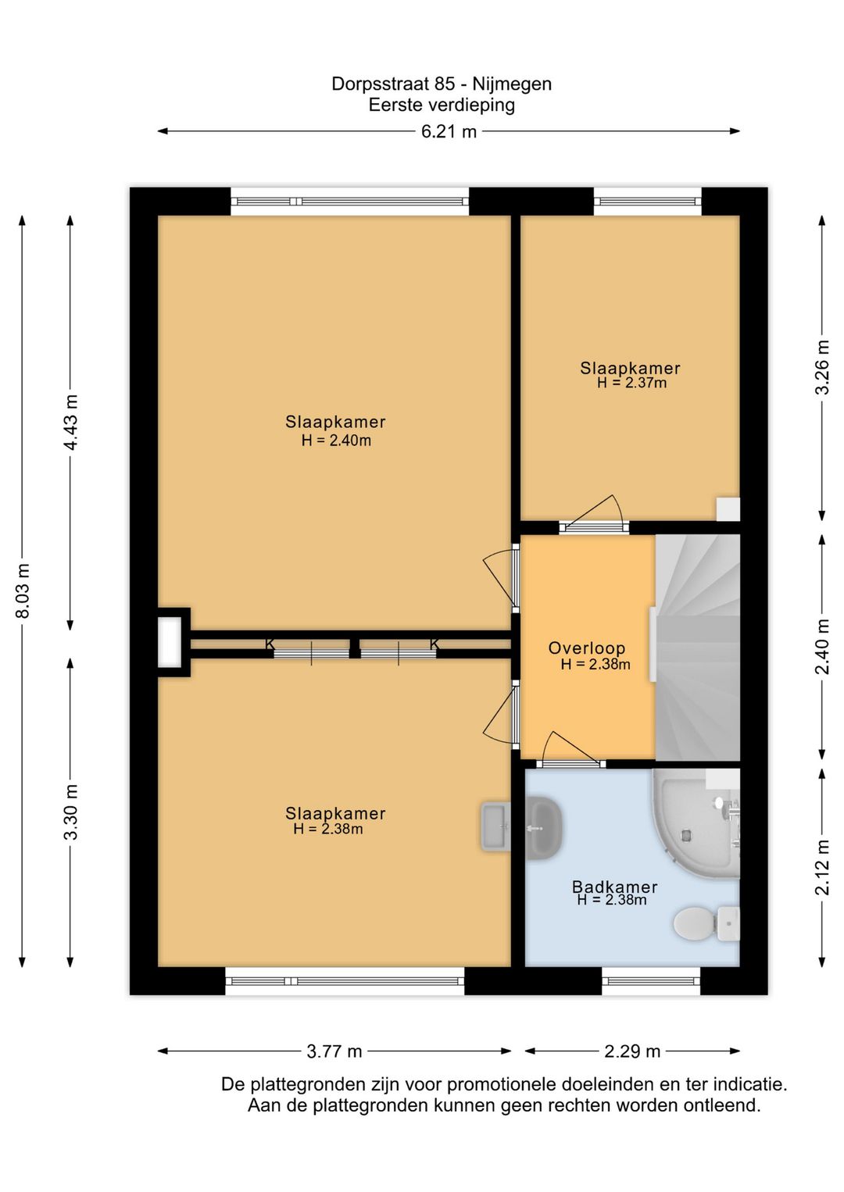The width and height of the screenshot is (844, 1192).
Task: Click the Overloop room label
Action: [x=586, y=648]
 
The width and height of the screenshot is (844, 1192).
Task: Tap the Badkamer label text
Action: [x=614, y=887]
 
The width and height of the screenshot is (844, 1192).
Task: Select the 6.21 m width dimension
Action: [x=449, y=131]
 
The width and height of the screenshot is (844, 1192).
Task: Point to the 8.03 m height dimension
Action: [x=23, y=591]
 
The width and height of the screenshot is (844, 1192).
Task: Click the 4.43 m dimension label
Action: [x=71, y=422]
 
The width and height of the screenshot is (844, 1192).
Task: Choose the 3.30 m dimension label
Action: [x=71, y=812]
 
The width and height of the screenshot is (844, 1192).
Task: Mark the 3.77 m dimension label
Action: [x=334, y=1051]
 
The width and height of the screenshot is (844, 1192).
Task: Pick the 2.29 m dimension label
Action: [x=632, y=1051]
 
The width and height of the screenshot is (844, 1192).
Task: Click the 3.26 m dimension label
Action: [x=823, y=366]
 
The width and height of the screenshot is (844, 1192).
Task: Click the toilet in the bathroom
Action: [x=706, y=923]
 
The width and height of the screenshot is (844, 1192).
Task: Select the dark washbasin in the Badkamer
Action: [x=543, y=828]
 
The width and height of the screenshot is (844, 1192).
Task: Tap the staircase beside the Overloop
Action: [x=698, y=647]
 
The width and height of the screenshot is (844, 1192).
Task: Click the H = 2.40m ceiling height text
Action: [x=336, y=440]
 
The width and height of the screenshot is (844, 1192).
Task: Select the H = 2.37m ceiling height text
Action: [x=631, y=383]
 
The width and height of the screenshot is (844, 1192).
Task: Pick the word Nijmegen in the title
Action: [x=512, y=84]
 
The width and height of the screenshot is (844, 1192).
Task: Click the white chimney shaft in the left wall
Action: [x=170, y=642]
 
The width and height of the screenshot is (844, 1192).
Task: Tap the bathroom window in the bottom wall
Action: [x=651, y=982]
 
